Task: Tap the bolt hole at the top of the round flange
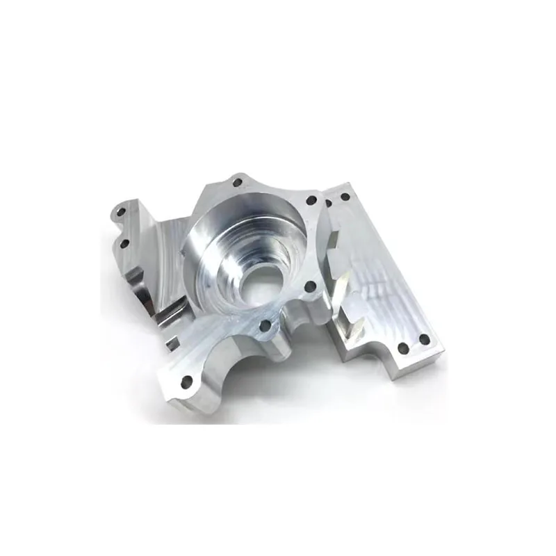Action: (236, 183)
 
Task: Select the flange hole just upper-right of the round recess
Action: (311, 200)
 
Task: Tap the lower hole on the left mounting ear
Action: (126, 243)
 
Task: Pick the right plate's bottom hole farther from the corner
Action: (402, 349)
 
